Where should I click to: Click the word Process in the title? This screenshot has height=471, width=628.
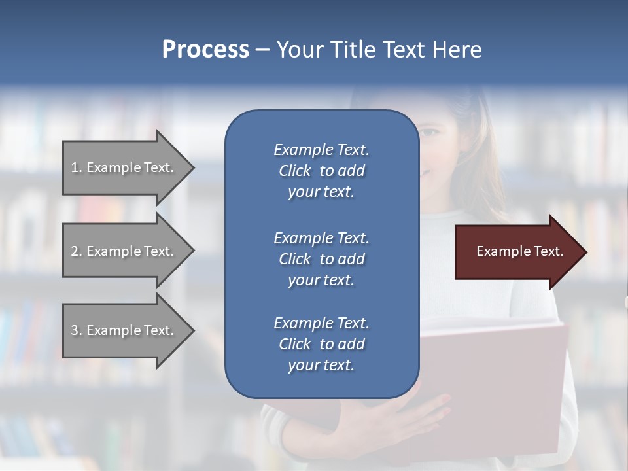tap(205, 50)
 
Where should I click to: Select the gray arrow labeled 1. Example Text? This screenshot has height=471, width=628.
tap(124, 167)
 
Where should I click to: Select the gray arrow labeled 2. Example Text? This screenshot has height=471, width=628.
tap(124, 251)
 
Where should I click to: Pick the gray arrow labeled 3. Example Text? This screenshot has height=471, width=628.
tap(124, 330)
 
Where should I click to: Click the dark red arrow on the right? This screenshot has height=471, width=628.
tap(517, 252)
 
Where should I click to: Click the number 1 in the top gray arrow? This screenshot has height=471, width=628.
tap(75, 167)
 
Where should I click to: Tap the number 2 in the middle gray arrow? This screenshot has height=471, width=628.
tap(75, 251)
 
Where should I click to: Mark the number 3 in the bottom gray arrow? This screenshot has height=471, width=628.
tap(75, 330)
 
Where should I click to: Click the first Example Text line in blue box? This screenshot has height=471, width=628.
tap(321, 150)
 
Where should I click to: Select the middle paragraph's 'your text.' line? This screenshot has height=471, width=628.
tap(321, 280)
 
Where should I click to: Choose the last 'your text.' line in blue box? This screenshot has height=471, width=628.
tap(321, 365)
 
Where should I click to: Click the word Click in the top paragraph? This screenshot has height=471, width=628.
tap(295, 171)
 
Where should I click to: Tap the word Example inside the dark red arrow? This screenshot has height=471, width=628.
tap(499, 251)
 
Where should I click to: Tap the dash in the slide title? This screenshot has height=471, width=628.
tap(262, 50)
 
